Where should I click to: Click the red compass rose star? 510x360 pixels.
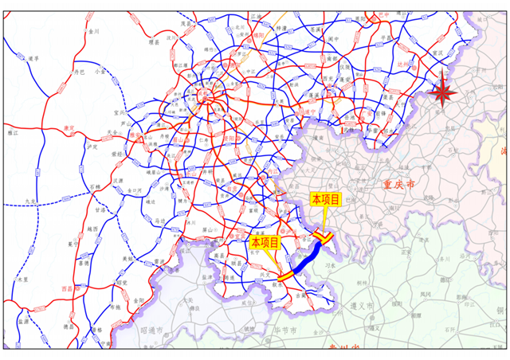click(x=442, y=93)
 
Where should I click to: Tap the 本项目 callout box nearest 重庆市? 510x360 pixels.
click(x=325, y=199)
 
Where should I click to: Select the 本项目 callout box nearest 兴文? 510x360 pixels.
click(x=265, y=241)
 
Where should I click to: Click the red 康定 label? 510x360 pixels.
click(x=69, y=127)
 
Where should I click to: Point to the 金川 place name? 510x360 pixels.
click(x=95, y=31)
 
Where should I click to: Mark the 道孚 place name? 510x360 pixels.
click(x=33, y=58)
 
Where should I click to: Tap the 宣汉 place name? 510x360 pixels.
click(x=436, y=53)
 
